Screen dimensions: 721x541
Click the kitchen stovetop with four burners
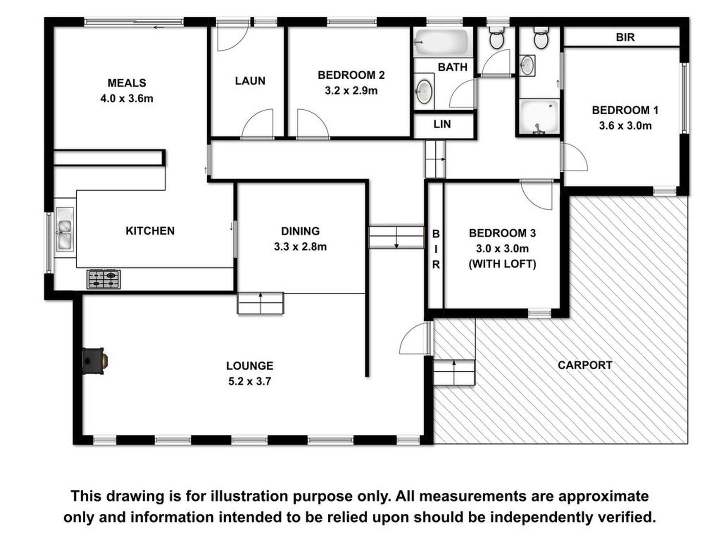[x=104, y=279]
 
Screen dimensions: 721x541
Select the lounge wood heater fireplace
[x=95, y=361]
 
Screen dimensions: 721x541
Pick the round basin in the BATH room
[x=424, y=92]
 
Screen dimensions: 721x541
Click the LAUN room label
[x=250, y=80]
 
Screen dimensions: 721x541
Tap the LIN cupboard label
[x=442, y=124]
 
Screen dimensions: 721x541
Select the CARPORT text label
[x=585, y=365]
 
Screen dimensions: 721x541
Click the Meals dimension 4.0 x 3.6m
[x=127, y=99]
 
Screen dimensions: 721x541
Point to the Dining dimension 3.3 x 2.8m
[x=300, y=247]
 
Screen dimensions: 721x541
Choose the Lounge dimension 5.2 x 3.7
[x=250, y=381]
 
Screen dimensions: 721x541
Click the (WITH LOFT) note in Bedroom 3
[x=502, y=264]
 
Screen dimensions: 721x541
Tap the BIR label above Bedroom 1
[x=625, y=37]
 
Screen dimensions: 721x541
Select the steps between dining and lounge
[x=260, y=303]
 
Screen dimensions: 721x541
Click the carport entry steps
[x=454, y=372]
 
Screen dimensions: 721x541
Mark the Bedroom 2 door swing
[x=312, y=123]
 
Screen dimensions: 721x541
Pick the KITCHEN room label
[x=150, y=231]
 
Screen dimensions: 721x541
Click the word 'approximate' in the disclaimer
[x=603, y=496]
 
